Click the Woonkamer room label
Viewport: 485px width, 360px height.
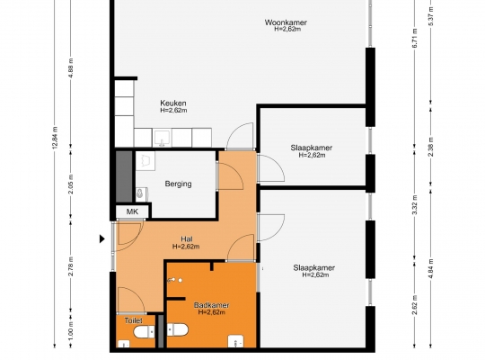286,22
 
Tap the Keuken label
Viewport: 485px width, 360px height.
173,103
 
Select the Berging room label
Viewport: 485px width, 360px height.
178,184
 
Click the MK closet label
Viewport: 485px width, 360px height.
132,211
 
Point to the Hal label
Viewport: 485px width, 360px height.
187,239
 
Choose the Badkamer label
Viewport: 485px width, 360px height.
212,305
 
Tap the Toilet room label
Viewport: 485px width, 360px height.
134,320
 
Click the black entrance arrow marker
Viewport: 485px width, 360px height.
102,238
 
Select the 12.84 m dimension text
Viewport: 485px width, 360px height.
55,138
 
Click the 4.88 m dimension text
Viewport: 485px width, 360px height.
71,67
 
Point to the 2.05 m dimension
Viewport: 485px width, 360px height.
71,184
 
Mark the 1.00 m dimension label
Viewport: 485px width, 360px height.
71,330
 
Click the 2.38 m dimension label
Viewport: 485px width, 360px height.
431,147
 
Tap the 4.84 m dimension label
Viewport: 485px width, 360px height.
431,268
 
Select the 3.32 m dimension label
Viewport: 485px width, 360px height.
415,204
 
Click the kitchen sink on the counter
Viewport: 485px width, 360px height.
162,138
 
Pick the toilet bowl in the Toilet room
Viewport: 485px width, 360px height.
144,332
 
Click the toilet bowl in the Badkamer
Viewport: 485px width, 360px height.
177,329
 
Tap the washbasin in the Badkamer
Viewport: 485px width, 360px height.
235,341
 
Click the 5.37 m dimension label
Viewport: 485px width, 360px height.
431,16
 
